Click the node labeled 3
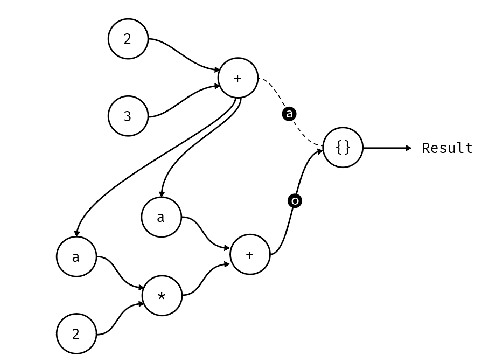[x=128, y=116]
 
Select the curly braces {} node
[x=343, y=148]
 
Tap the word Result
[x=447, y=148]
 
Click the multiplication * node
[x=162, y=296]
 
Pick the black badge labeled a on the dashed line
[x=290, y=114]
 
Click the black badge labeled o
[x=295, y=201]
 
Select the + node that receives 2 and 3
[x=237, y=78]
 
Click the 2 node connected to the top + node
[x=128, y=39]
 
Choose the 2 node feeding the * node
[x=76, y=334]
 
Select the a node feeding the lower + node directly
[x=160, y=218]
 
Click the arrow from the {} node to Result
[x=385, y=148]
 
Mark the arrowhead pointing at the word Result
[x=409, y=148]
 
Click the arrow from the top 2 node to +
[x=183, y=54]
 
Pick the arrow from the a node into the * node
[x=118, y=272]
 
